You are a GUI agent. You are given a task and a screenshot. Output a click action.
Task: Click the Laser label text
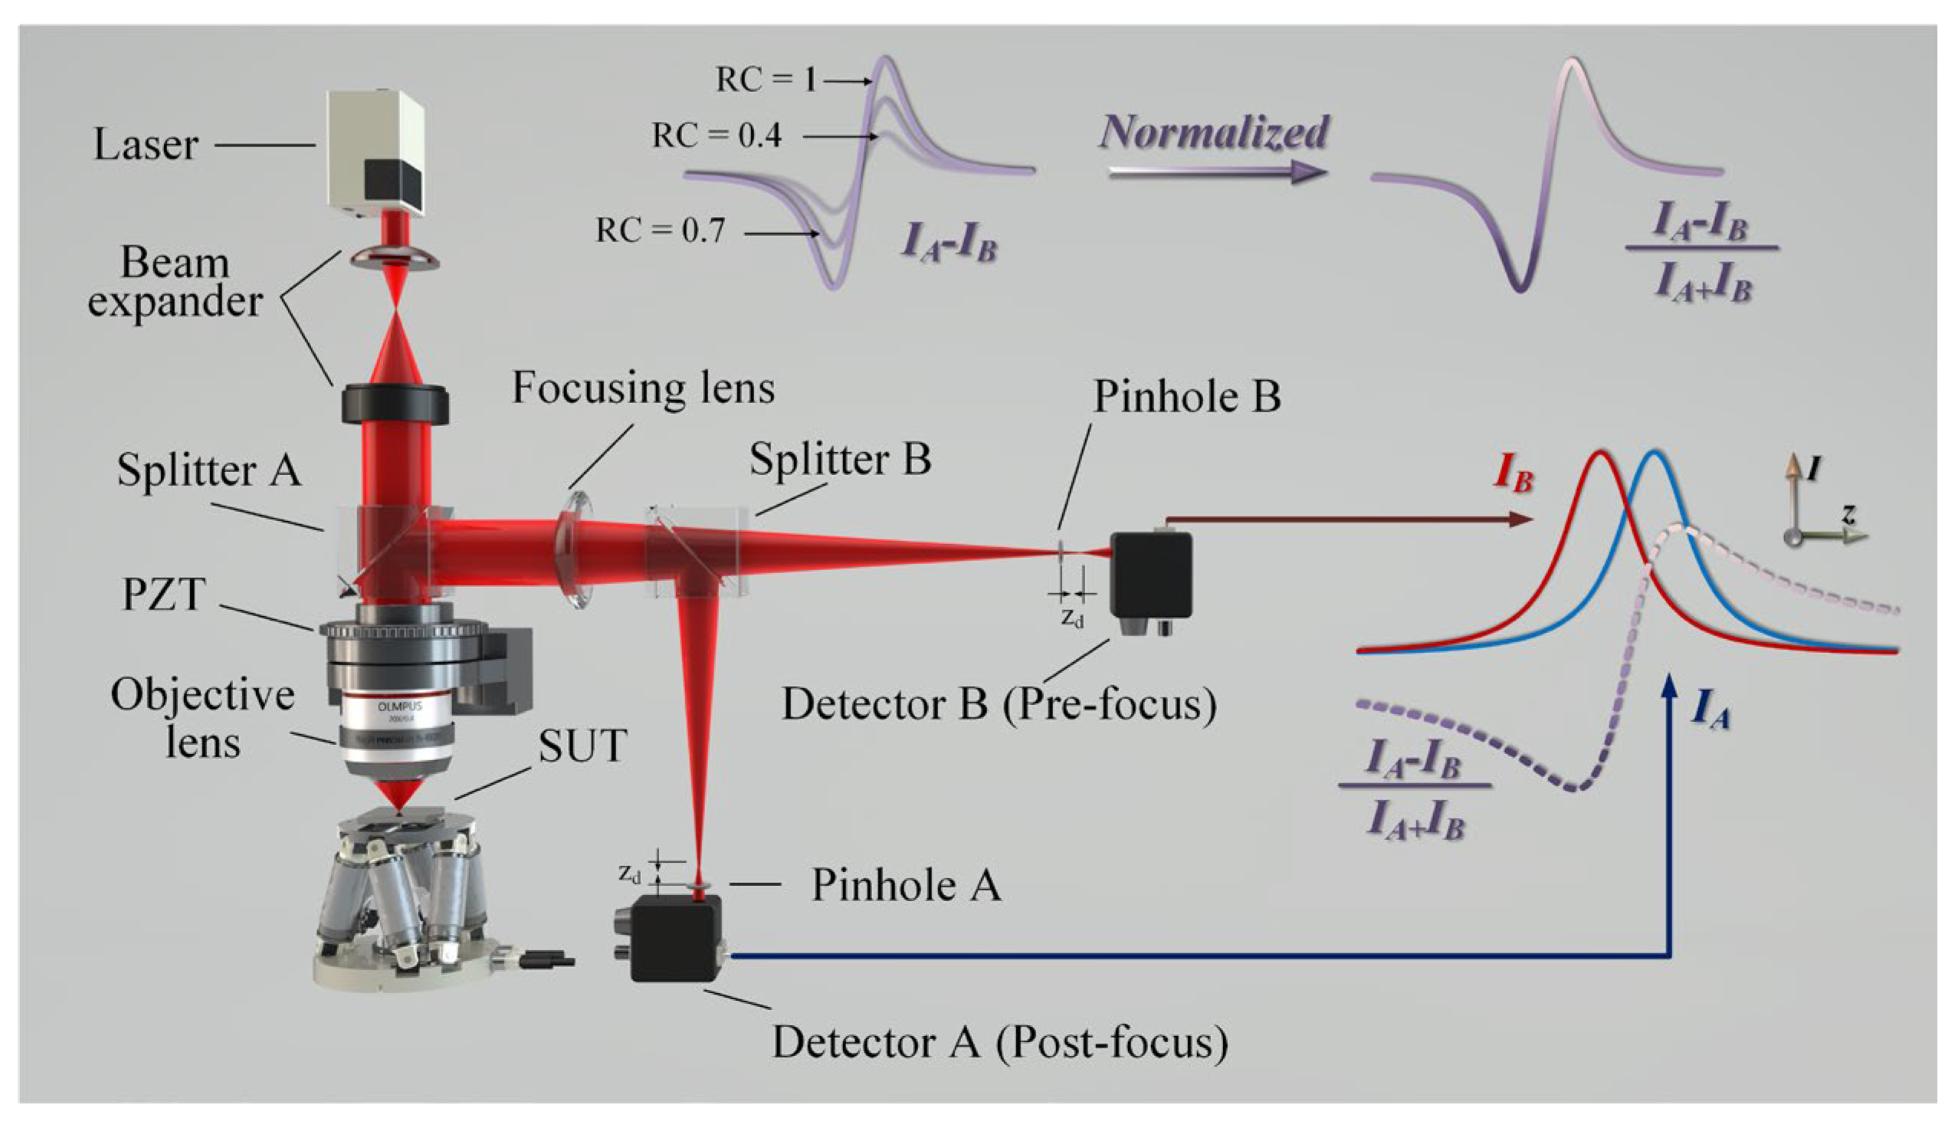click(146, 145)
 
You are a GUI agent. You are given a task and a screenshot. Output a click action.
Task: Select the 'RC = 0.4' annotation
click(717, 136)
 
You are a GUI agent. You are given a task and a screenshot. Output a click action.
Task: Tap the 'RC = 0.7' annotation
click(660, 231)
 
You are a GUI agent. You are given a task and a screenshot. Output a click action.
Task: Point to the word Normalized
click(1214, 132)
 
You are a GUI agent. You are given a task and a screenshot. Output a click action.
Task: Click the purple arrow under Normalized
click(1216, 172)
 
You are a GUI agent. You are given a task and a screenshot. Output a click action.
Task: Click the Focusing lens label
click(643, 387)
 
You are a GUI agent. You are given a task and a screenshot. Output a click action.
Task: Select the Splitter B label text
click(840, 459)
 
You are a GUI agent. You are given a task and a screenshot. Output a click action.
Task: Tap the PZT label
click(163, 595)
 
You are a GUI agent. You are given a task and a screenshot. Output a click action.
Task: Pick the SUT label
click(582, 746)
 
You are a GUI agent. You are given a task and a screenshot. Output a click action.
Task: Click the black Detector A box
click(675, 938)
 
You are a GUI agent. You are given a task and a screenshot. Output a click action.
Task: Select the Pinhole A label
click(906, 885)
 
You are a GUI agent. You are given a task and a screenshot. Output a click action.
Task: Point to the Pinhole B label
click(1186, 397)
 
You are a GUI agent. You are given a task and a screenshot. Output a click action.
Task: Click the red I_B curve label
click(1512, 473)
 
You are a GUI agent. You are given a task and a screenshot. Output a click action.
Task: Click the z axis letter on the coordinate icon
click(1848, 513)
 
